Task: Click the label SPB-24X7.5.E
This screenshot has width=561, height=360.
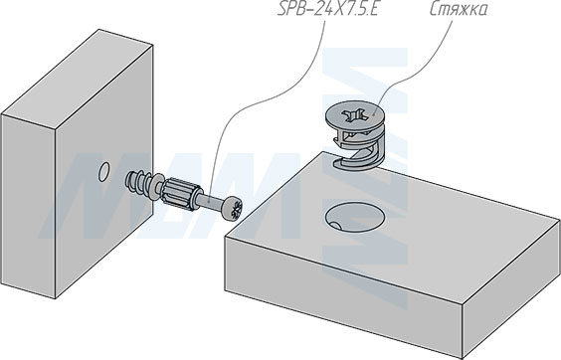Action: pyautogui.click(x=327, y=9)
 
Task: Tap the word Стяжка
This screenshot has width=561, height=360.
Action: pyautogui.click(x=458, y=9)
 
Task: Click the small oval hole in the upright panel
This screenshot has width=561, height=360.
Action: pyautogui.click(x=103, y=171)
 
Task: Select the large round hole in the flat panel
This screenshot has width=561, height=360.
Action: pyautogui.click(x=355, y=217)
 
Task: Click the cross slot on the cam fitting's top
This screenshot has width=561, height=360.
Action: pyautogui.click(x=354, y=115)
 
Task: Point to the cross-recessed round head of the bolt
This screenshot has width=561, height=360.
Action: pyautogui.click(x=232, y=208)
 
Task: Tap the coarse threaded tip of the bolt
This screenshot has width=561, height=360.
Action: pyautogui.click(x=136, y=181)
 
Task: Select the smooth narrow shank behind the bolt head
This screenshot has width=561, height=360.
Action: pyautogui.click(x=211, y=203)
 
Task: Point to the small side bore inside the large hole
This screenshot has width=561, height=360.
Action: pyautogui.click(x=335, y=226)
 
